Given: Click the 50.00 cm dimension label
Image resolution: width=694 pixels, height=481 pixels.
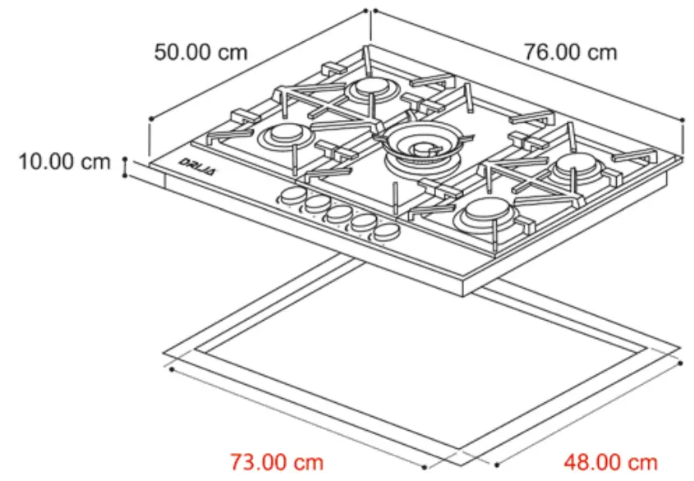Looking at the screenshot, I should [x=200, y=53].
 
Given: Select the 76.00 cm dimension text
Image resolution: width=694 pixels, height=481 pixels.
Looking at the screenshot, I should [x=571, y=53].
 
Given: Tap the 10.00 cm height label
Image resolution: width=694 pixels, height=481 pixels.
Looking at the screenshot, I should [x=65, y=162].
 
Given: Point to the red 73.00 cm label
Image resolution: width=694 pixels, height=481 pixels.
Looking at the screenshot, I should [x=276, y=463].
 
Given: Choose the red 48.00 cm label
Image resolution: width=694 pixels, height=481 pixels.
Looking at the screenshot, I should [x=610, y=463].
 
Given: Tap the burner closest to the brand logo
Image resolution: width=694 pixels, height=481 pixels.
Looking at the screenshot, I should [x=286, y=135].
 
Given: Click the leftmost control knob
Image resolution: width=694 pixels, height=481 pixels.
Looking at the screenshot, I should [x=291, y=196].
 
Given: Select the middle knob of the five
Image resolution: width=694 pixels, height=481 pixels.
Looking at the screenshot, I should [x=337, y=215].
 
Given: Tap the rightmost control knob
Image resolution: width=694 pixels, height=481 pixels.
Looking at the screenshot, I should [x=384, y=233].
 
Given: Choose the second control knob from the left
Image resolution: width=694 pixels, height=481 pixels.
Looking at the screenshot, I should [x=314, y=205].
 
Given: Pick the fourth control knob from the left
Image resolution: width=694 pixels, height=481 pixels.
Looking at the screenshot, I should [x=361, y=224].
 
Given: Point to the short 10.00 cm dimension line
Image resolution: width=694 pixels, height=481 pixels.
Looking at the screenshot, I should [x=125, y=167].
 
